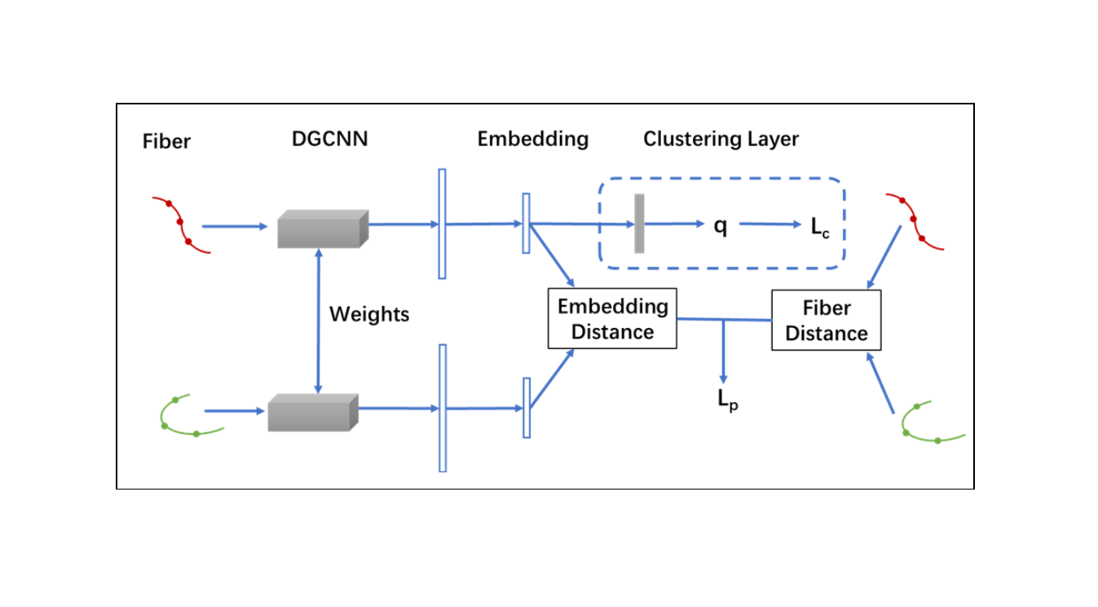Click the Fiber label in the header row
[166, 141]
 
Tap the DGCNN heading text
[329, 139]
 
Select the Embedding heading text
[532, 139]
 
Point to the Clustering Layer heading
[721, 139]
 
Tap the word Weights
[368, 314]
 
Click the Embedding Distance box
[612, 319]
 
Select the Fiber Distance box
[826, 321]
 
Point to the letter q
[721, 226]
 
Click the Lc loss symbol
[819, 228]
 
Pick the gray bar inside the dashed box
[639, 224]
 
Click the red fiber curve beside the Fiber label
[181, 224]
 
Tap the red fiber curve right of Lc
[915, 221]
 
